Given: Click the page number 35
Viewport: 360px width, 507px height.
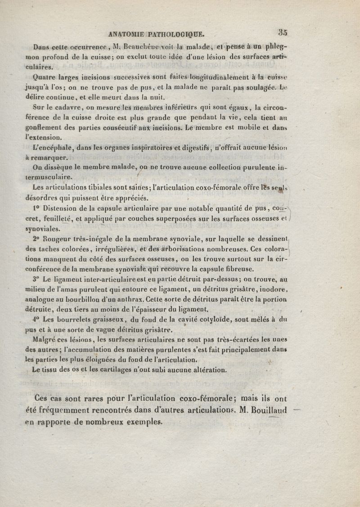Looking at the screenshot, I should [283, 32].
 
